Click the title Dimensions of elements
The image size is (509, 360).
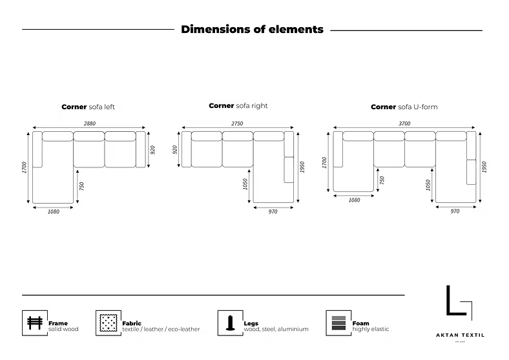tap(252, 29)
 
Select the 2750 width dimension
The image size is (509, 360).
tap(238, 123)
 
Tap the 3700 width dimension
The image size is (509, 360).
tap(404, 123)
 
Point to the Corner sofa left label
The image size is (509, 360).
tap(88, 107)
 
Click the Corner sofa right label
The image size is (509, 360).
tap(238, 105)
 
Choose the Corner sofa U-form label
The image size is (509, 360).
tap(404, 107)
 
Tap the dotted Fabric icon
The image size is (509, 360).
tap(108, 323)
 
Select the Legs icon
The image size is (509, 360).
tap(229, 323)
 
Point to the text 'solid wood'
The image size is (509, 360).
tap(63, 329)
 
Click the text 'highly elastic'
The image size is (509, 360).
tap(371, 329)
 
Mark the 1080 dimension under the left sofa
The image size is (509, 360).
tap(53, 212)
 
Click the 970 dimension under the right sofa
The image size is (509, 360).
tap(273, 211)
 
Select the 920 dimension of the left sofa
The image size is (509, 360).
tap(153, 150)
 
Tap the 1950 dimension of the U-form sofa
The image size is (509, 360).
tap(484, 167)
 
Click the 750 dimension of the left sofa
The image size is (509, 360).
tap(82, 185)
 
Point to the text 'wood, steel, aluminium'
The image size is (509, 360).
tap(276, 329)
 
